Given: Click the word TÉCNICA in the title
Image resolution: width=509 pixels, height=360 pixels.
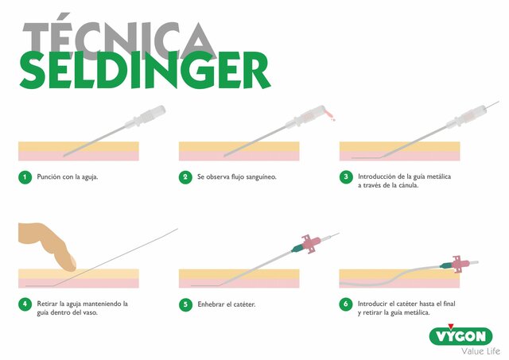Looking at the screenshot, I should (119, 37).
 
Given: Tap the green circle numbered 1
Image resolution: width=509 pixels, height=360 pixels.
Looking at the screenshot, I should (25, 176).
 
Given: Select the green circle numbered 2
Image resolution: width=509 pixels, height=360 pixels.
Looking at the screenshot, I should (185, 176).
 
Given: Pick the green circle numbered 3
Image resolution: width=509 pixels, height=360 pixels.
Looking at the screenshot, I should (346, 176).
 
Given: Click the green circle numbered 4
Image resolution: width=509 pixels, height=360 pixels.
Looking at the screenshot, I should (25, 304).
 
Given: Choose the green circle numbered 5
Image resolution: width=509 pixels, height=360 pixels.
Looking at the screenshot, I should (185, 304).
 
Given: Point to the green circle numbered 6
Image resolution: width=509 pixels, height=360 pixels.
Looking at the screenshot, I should (346, 304).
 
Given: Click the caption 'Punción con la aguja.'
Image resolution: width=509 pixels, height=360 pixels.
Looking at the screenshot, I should (68, 176).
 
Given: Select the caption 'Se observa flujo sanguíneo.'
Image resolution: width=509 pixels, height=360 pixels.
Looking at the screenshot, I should (236, 176).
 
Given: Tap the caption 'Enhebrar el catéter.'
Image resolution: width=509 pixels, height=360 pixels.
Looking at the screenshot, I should (225, 304).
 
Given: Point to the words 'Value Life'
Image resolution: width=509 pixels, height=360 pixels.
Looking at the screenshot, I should (474, 351).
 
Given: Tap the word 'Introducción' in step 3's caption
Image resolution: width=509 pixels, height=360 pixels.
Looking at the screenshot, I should (379, 176).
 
